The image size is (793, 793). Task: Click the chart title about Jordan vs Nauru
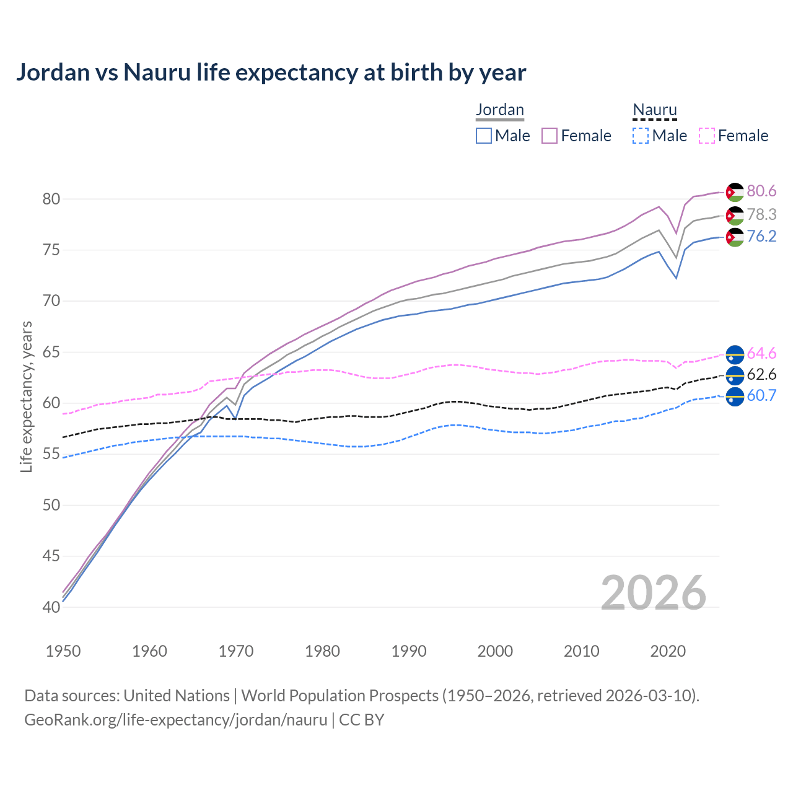click(271, 72)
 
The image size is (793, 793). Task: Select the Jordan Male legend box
click(484, 136)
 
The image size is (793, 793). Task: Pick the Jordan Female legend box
click(550, 136)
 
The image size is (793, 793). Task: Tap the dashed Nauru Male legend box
click(641, 136)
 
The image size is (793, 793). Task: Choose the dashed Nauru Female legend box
click(707, 136)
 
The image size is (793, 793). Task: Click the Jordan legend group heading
click(500, 110)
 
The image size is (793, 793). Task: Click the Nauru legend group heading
click(655, 110)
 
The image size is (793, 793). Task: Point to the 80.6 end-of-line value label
click(761, 191)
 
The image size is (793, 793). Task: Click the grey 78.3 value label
click(761, 214)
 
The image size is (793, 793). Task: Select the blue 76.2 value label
click(761, 237)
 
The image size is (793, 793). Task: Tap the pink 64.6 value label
click(761, 353)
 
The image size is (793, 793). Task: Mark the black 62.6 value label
click(761, 374)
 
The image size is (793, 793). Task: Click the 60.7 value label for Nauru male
click(761, 396)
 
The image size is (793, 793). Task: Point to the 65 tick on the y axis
click(51, 353)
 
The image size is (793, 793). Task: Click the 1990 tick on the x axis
click(409, 651)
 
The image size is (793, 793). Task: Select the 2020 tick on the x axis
click(668, 651)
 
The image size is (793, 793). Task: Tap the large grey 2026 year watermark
click(654, 593)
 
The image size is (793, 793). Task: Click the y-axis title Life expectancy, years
click(27, 396)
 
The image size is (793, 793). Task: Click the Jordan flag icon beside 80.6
click(735, 192)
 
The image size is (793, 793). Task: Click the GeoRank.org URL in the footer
click(175, 720)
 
